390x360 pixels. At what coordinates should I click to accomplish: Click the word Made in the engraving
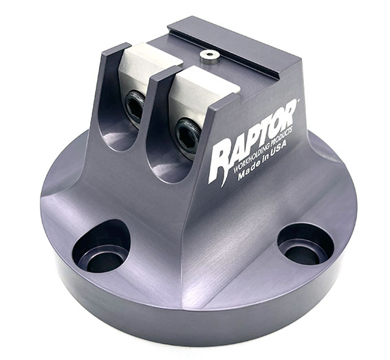(248, 172)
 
